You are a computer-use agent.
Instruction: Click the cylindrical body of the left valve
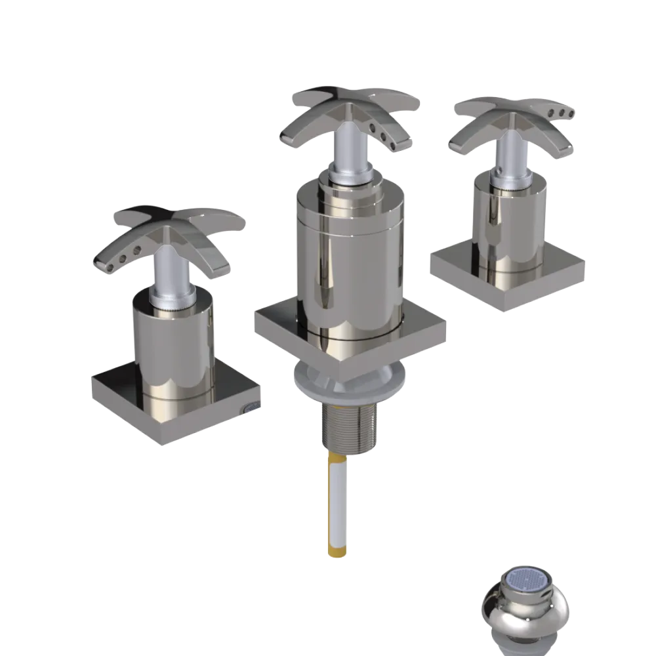point(174,348)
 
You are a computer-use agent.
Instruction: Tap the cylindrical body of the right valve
point(512,223)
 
